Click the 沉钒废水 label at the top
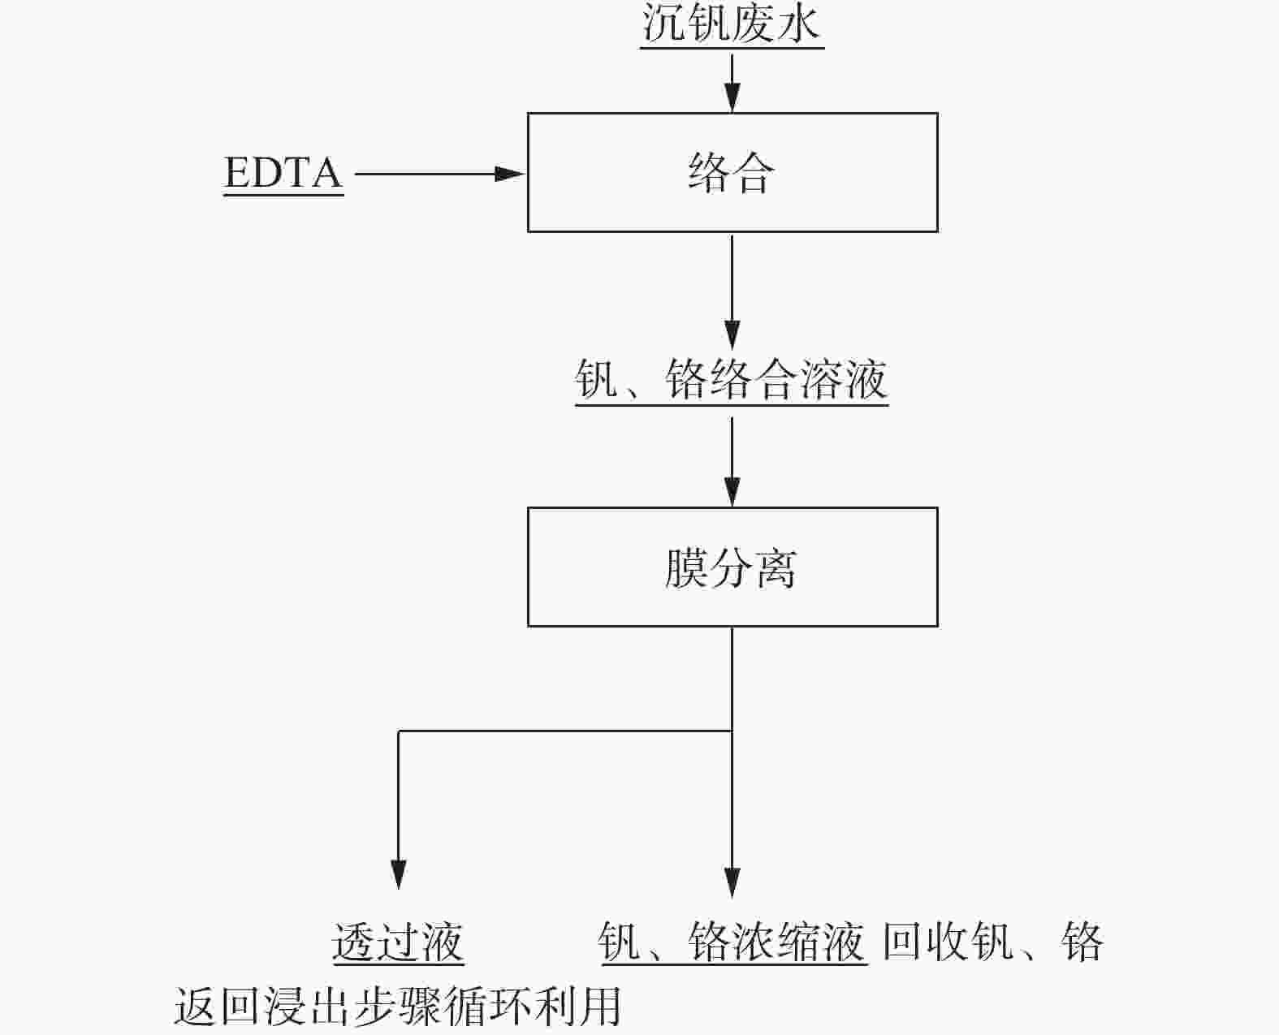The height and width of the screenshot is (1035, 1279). point(732,24)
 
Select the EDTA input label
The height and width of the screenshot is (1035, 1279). point(283,173)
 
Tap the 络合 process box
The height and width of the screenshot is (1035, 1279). point(732,172)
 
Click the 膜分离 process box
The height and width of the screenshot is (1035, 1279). point(732,567)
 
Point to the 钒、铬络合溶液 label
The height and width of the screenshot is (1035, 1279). point(731,379)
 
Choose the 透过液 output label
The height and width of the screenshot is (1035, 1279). point(398,942)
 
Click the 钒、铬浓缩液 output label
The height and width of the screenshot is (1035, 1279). point(732,942)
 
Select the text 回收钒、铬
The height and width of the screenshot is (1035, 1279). point(992,942)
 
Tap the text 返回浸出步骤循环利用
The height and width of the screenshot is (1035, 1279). point(398,1006)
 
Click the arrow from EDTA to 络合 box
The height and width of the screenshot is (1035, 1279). point(439,173)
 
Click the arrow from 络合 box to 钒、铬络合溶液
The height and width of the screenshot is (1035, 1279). point(732,292)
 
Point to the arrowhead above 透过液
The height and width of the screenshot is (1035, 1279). point(398,875)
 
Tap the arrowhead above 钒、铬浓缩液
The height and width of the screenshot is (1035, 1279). point(732,882)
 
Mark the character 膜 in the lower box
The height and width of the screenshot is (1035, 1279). point(686,567)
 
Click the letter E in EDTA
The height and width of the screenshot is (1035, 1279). point(237,173)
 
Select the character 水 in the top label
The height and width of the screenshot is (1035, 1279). point(798,24)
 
